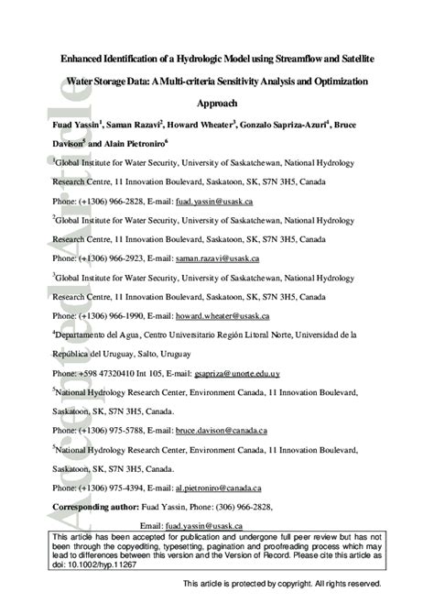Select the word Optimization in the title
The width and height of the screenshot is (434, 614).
click(331, 81)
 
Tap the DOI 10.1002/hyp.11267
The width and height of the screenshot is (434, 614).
click(99, 565)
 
